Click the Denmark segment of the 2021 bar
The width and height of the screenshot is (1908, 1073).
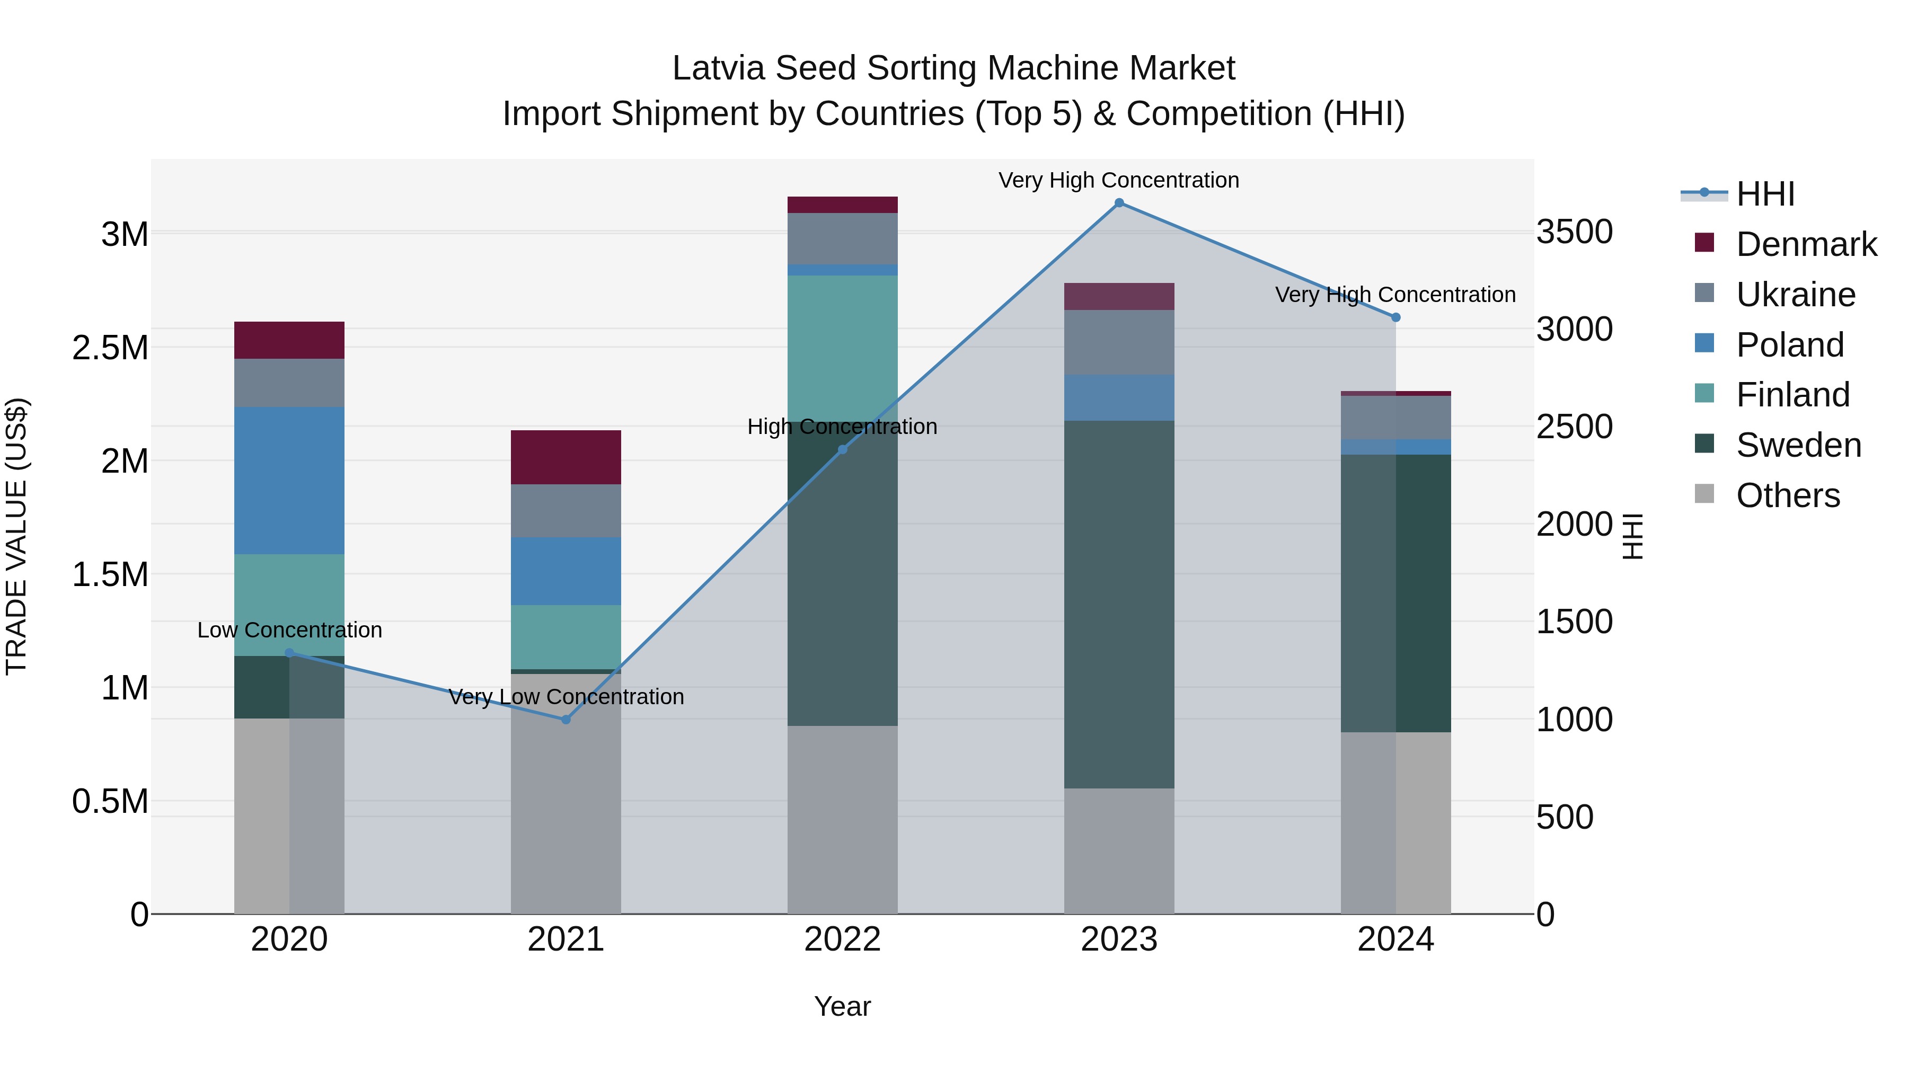pos(566,457)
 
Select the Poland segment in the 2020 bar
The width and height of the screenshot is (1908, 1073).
pos(289,480)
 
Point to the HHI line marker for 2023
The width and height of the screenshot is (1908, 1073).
pos(1119,203)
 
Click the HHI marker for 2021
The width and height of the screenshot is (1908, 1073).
pos(566,719)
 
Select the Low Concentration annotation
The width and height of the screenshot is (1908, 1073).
pos(289,630)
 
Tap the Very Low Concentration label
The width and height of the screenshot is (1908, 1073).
pos(566,697)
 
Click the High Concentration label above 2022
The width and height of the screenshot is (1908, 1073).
pos(842,427)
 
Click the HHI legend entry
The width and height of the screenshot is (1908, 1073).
pos(1765,194)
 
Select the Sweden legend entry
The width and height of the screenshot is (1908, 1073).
pos(1798,445)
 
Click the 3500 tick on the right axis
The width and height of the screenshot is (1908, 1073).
pos(1574,232)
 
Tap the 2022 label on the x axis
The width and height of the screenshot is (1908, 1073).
pos(842,939)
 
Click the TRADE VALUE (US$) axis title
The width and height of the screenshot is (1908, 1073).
pos(16,536)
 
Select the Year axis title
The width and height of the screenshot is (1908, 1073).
pos(842,1006)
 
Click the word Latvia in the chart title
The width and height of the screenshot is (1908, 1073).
pos(718,68)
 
